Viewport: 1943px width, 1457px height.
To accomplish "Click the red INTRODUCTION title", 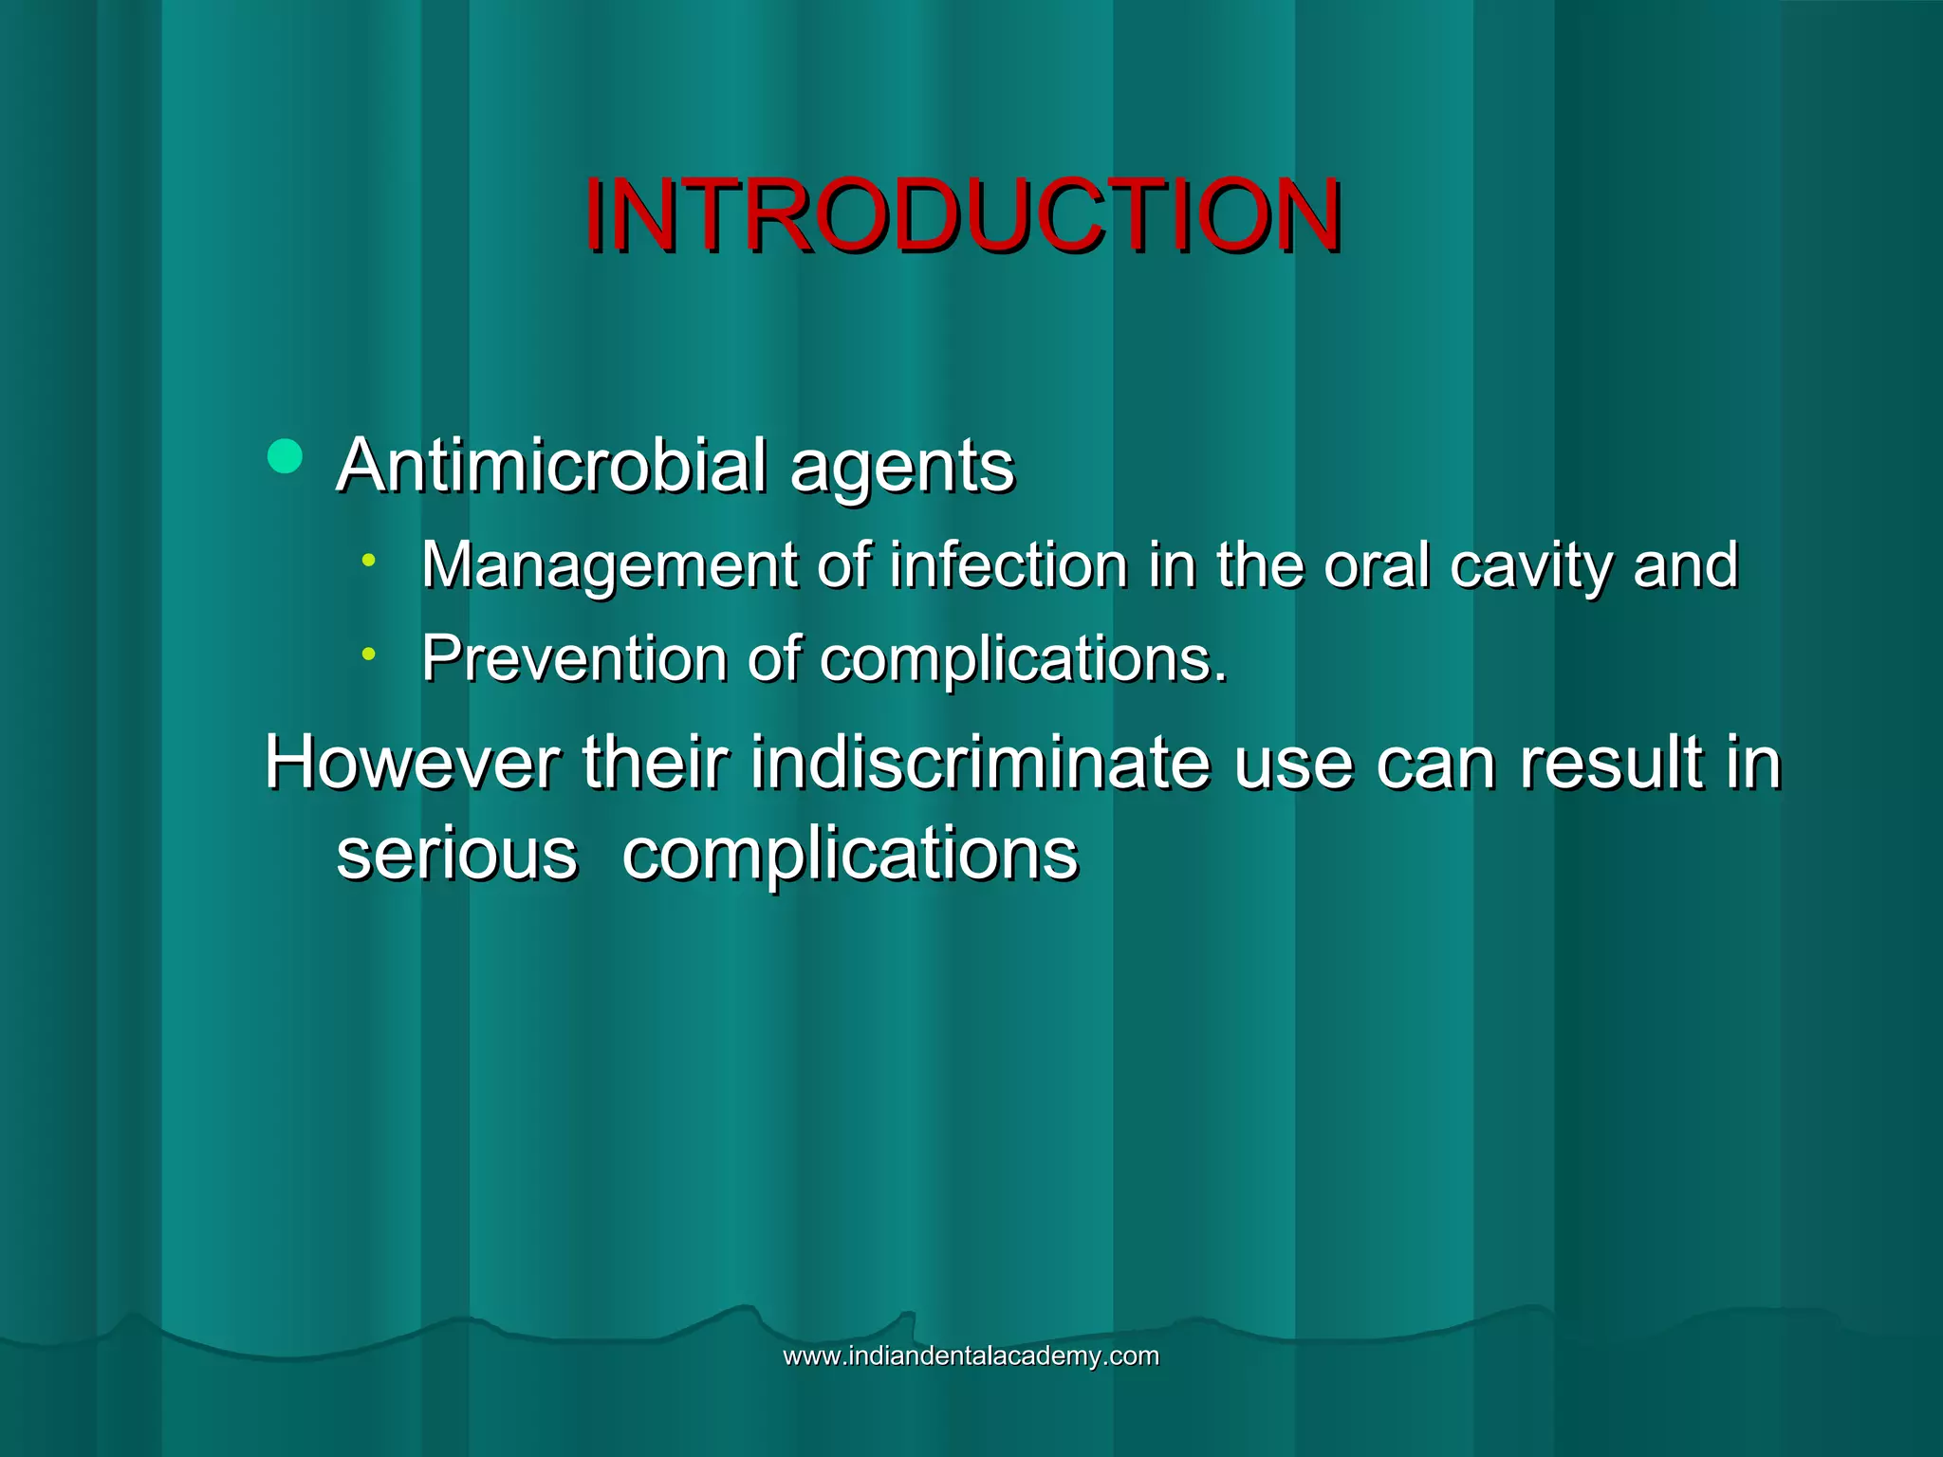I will pos(962,216).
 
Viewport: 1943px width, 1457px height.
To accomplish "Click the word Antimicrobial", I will pos(551,466).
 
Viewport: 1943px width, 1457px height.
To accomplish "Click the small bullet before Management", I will pos(368,561).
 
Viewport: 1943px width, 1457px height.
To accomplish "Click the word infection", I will pos(1009,565).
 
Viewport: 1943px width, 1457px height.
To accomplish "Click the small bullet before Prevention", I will pos(368,654).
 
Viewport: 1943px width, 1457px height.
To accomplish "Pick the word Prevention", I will pos(574,658).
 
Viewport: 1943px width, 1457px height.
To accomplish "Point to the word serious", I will pos(457,853).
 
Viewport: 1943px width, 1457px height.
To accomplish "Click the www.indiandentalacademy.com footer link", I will pos(971,1356).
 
